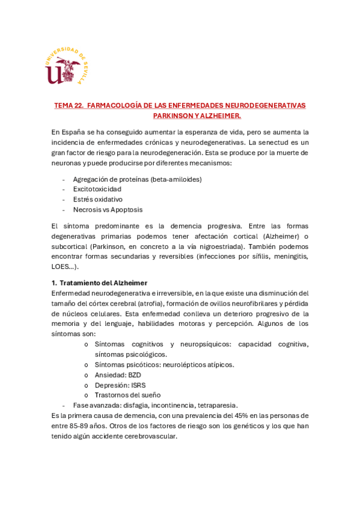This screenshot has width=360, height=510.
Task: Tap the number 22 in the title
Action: tap(78, 105)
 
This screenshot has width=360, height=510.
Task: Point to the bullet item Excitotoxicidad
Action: tap(97, 189)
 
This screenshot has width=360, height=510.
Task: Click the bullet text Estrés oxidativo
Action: tap(97, 199)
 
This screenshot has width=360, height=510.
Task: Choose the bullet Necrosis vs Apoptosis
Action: tap(108, 209)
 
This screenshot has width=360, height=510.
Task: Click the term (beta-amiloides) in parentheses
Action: tap(176, 179)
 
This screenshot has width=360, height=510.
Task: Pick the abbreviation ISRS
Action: tap(136, 385)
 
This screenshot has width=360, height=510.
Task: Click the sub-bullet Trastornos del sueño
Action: tap(127, 395)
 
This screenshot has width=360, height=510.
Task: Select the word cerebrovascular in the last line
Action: tap(148, 436)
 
